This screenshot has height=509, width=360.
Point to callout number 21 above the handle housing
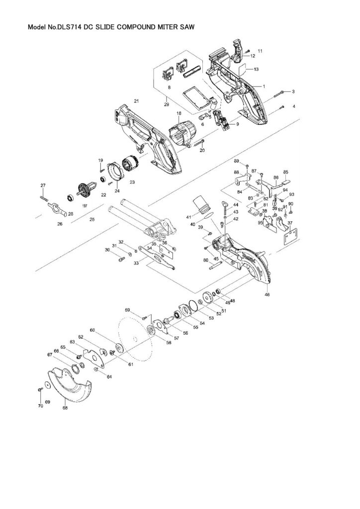136,101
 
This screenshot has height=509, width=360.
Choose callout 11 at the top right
260,51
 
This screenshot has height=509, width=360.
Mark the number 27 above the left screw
43,185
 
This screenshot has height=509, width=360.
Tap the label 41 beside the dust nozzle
188,217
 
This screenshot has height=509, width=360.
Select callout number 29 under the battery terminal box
167,104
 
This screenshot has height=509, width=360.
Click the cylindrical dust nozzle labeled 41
202,203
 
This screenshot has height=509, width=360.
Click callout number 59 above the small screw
127,311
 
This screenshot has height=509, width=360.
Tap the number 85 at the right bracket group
286,172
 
